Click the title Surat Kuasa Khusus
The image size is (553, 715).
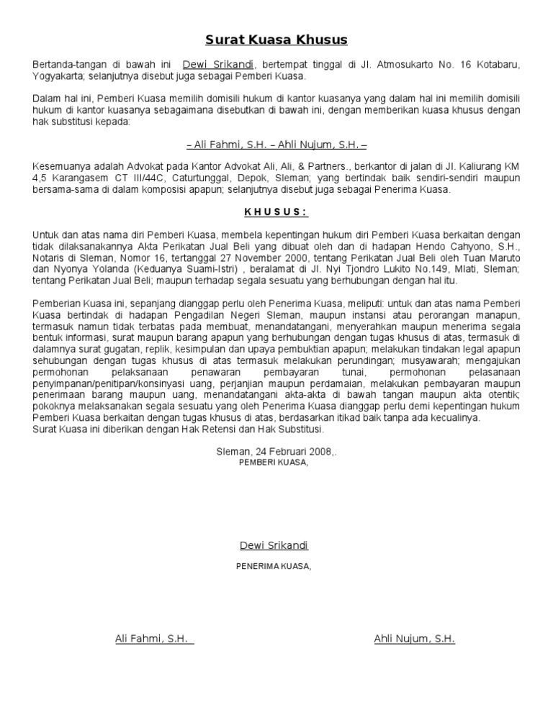pyautogui.click(x=276, y=39)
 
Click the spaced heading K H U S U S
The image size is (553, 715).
pyautogui.click(x=276, y=211)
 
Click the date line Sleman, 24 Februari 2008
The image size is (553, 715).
pyautogui.click(x=276, y=451)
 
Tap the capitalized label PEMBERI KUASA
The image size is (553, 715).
pyautogui.click(x=274, y=463)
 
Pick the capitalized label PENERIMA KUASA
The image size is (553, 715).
pyautogui.click(x=274, y=566)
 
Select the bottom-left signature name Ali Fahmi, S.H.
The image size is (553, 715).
pyautogui.click(x=151, y=638)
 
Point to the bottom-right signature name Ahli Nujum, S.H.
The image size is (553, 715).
pyautogui.click(x=414, y=638)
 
